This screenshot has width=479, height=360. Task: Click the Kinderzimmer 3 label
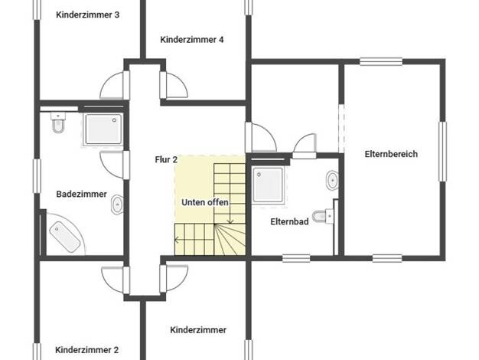coord(88,15)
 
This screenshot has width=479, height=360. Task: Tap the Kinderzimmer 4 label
coord(192,40)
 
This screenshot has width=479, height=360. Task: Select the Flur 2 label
coord(166,159)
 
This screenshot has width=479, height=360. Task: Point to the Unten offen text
coord(205,202)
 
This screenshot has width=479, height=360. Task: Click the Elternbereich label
coord(391,154)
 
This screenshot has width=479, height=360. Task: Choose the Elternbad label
coord(289,221)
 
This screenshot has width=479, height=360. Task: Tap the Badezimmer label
coord(82,194)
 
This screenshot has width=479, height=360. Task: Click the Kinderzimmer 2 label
coord(86,350)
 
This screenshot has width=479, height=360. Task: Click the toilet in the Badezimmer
coord(58,123)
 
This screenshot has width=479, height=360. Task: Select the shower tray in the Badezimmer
coord(103,129)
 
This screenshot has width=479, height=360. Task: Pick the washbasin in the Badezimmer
coord(117,205)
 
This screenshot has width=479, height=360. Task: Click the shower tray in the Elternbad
coord(268,185)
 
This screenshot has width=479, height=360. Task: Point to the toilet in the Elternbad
coord(323,216)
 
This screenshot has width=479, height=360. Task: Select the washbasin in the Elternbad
coord(332,181)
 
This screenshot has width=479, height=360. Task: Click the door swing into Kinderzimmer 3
coord(112,85)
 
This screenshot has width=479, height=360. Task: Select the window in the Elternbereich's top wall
coord(381,61)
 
